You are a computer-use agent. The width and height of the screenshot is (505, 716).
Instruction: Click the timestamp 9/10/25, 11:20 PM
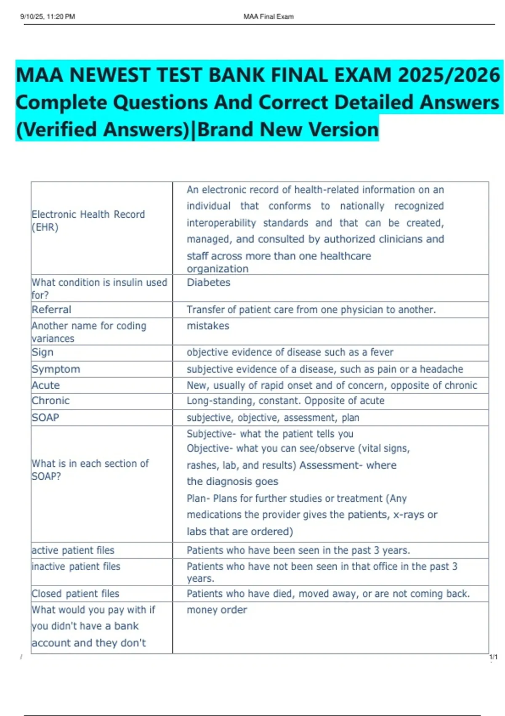[48, 17]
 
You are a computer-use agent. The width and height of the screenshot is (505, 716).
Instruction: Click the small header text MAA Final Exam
[268, 17]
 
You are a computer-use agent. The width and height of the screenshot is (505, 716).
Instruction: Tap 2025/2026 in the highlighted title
[449, 75]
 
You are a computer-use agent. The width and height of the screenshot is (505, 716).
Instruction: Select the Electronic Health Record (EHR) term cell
[88, 221]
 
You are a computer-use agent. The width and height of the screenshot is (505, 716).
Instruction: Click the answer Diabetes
[208, 283]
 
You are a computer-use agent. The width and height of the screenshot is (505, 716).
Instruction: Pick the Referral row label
[51, 310]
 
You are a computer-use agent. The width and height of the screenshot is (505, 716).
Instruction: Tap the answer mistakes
[208, 326]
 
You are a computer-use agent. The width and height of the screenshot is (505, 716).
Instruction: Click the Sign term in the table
[43, 352]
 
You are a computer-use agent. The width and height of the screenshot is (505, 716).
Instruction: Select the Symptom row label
[56, 369]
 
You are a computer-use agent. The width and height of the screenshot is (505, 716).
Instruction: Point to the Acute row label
[46, 385]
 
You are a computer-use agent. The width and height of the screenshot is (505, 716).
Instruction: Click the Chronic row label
[50, 401]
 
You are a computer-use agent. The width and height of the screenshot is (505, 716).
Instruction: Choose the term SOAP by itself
[45, 417]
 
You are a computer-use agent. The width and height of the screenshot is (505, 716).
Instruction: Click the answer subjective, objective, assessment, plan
[273, 418]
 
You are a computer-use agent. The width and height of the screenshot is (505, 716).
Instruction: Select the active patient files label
[73, 550]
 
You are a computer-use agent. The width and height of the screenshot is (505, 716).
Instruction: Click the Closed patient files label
[75, 593]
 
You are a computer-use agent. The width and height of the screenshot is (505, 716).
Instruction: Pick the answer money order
[217, 610]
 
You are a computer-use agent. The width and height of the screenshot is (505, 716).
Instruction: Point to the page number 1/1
[493, 657]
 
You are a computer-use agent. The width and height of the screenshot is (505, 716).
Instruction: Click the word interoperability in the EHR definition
[221, 223]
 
